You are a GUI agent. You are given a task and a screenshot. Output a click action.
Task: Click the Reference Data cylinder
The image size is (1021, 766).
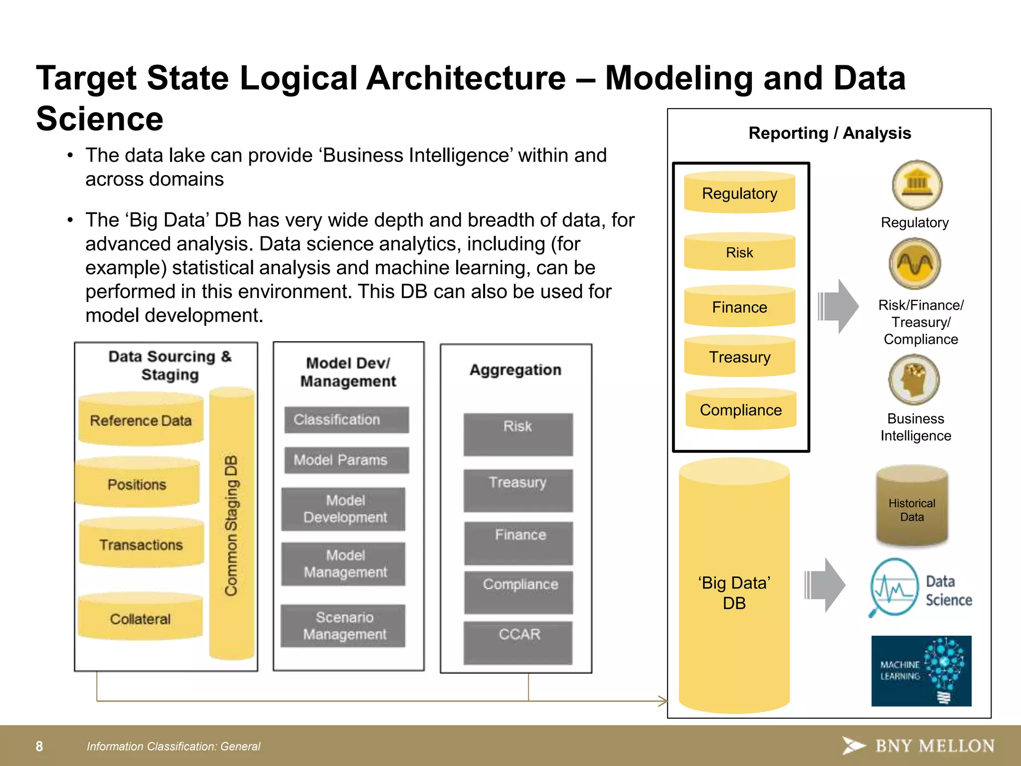tap(141, 420)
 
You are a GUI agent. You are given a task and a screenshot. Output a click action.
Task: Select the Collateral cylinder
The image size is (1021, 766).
tap(140, 618)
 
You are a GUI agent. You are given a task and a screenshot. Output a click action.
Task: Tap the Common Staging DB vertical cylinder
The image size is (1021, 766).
tap(232, 524)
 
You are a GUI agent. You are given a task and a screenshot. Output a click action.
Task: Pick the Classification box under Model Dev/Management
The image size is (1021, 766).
tap(346, 419)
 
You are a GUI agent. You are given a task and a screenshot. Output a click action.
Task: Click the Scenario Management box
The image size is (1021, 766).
tap(343, 626)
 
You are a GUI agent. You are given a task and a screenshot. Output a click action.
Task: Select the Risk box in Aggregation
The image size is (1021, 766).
tap(518, 433)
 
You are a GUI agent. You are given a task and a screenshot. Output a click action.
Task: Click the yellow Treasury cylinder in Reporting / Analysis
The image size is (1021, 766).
tap(739, 357)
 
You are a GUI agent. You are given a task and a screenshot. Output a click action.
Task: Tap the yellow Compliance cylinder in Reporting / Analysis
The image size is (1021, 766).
tap(740, 410)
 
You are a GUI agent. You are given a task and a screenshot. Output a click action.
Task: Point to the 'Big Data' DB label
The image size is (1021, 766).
tap(734, 592)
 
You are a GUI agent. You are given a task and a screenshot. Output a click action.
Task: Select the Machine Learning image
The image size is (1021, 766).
tap(921, 670)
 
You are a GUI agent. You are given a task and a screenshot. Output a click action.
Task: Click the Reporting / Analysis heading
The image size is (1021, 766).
tap(829, 133)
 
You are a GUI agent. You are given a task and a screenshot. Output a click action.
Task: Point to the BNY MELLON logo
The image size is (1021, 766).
tap(918, 746)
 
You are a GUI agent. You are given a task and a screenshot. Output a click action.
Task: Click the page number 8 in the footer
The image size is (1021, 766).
tap(39, 746)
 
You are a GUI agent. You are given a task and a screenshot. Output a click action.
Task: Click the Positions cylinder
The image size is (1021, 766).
tap(137, 484)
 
